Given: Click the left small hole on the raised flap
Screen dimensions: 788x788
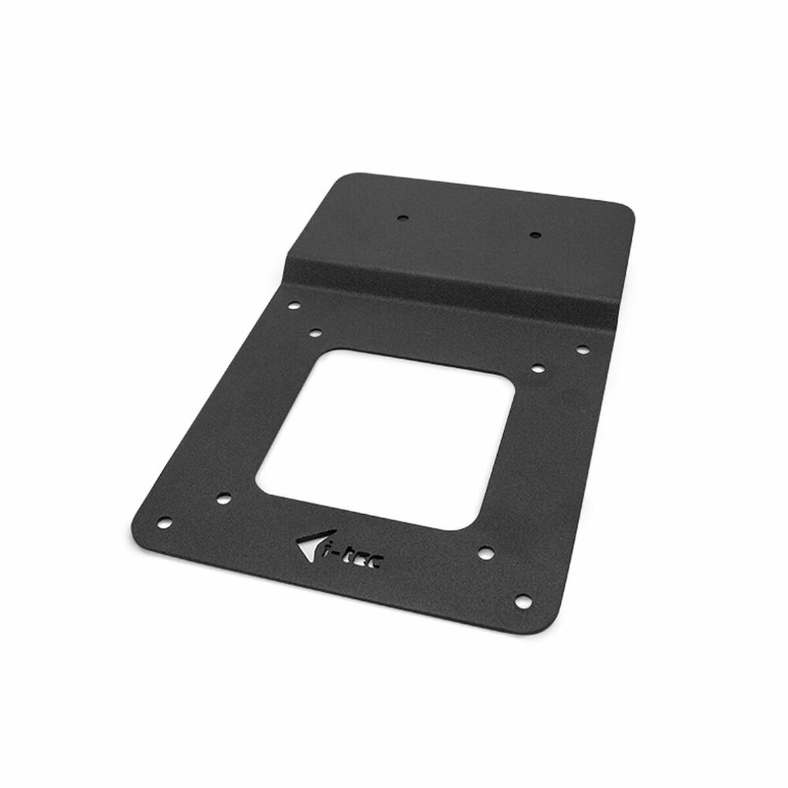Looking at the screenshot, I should pyautogui.click(x=403, y=216).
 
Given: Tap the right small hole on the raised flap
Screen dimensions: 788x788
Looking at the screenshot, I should pyautogui.click(x=534, y=233).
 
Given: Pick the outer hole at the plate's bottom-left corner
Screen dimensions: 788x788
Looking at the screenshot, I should pyautogui.click(x=166, y=504).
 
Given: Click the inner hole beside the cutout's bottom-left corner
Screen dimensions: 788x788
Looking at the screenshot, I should pyautogui.click(x=223, y=498).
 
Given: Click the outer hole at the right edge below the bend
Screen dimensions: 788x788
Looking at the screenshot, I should pyautogui.click(x=582, y=348).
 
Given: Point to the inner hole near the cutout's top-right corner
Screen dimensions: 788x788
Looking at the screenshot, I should pyautogui.click(x=535, y=368).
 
